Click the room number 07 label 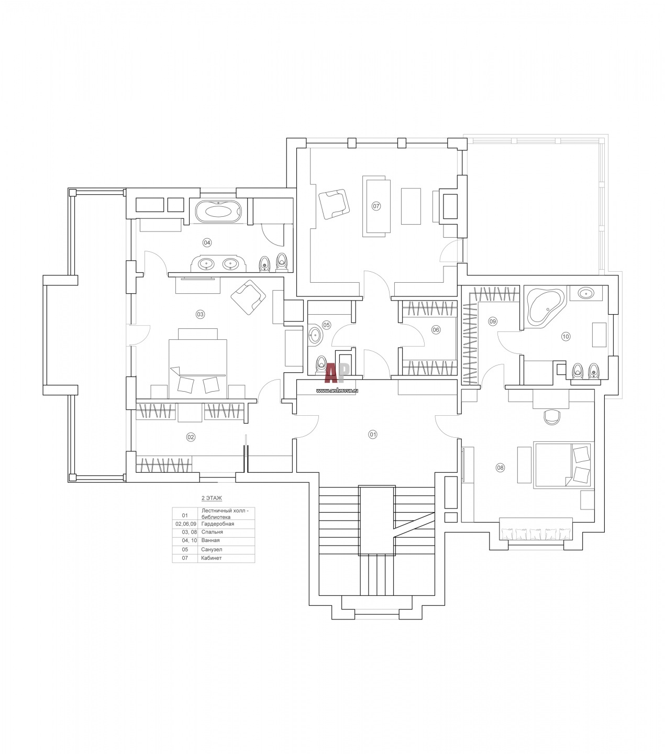(x=376, y=206)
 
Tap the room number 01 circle (x=372, y=434)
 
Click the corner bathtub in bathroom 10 (x=546, y=308)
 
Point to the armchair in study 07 (x=334, y=204)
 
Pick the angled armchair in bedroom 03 (x=248, y=297)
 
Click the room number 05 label (x=326, y=325)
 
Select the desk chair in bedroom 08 (x=551, y=416)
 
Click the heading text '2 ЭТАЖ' (x=212, y=498)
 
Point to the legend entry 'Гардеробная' (x=218, y=524)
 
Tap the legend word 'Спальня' (x=212, y=532)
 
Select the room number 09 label (x=492, y=321)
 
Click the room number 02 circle (x=191, y=437)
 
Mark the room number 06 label (x=436, y=329)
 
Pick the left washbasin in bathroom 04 (x=206, y=264)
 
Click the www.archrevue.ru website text (x=337, y=391)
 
